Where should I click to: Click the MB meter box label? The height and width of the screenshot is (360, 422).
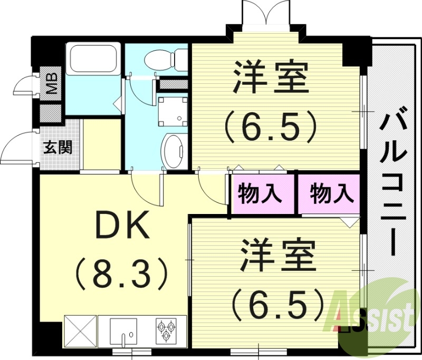(x=52, y=83)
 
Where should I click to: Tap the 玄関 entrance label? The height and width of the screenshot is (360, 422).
(x=57, y=147)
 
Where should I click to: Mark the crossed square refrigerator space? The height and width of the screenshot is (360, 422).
(x=80, y=330)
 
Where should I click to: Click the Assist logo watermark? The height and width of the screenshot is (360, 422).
(x=372, y=316)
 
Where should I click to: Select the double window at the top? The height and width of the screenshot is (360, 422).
(x=266, y=13)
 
